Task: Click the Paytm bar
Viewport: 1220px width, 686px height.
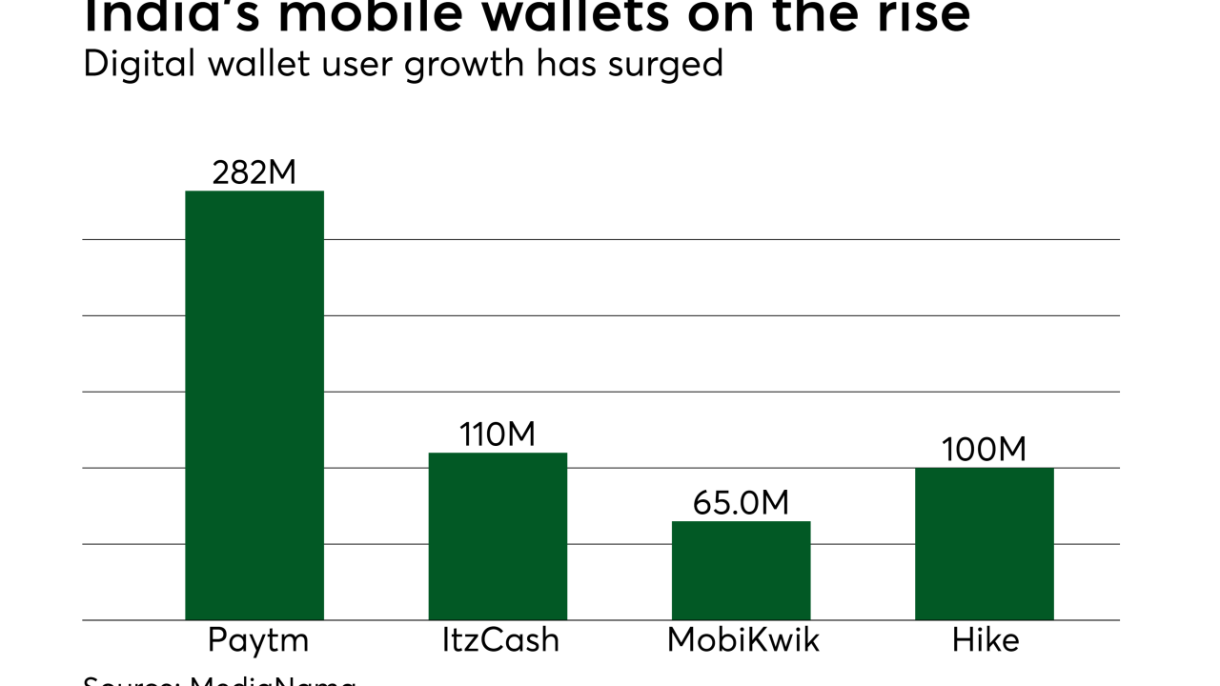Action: [x=254, y=405]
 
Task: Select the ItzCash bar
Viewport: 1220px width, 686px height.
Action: [x=498, y=536]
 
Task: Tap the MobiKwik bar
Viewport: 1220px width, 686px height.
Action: [x=741, y=571]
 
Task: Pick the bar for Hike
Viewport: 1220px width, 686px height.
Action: [x=984, y=544]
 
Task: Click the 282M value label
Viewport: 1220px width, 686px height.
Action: [x=254, y=172]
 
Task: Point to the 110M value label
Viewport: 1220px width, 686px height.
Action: [x=498, y=434]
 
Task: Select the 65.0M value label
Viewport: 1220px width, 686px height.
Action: [x=741, y=503]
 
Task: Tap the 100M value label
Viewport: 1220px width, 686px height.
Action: [x=984, y=450]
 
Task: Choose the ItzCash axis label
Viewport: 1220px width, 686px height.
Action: [x=500, y=640]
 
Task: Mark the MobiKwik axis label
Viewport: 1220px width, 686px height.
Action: [x=743, y=640]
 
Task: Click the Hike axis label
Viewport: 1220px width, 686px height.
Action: [x=986, y=640]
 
